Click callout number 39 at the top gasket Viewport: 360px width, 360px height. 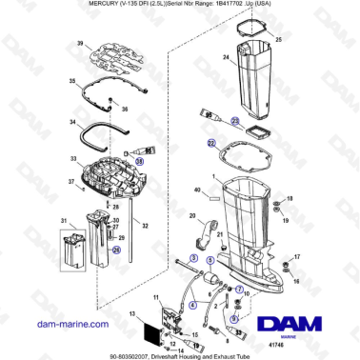click(x=81, y=45)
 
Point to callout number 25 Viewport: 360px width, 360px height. click(x=279, y=41)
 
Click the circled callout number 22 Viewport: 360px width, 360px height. click(x=211, y=142)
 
